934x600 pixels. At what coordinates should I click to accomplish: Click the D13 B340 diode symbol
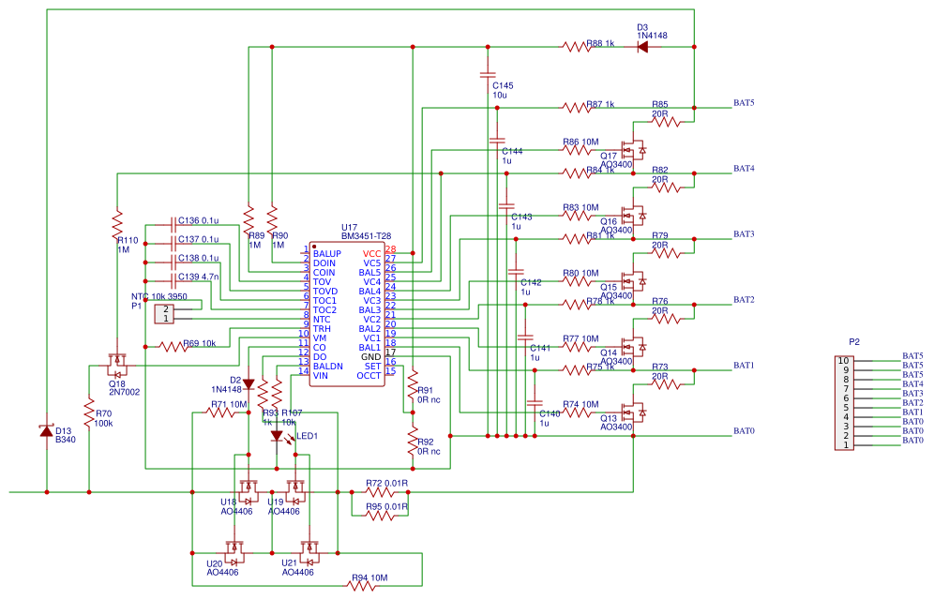coord(46,430)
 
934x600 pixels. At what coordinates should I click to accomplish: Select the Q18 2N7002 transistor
coord(116,359)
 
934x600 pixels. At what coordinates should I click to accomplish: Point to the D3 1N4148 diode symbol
coord(642,45)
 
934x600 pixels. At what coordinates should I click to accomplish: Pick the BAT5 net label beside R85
coord(744,103)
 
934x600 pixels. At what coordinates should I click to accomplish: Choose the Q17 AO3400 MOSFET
coord(638,150)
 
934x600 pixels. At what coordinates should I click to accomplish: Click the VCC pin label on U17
coord(371,254)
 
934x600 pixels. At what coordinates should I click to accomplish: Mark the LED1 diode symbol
coord(277,436)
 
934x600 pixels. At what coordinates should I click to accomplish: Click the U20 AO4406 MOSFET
coord(233,547)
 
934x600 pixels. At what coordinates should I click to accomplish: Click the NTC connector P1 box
coord(164,313)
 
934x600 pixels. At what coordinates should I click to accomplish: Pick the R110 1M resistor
coord(117,225)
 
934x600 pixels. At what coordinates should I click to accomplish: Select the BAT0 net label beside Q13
coord(744,431)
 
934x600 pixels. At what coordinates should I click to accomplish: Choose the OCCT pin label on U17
coord(369,375)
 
